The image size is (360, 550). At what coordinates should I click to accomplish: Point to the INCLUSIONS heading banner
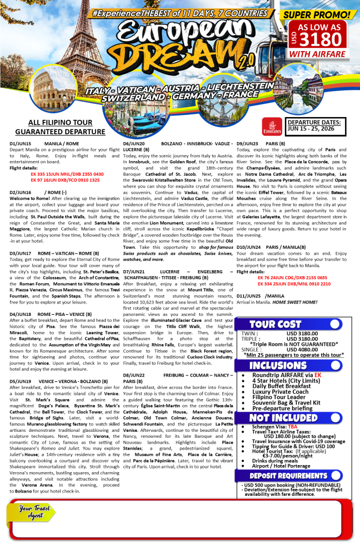click(x=274, y=365)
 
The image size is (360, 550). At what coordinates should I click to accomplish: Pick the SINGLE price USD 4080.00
click(x=304, y=349)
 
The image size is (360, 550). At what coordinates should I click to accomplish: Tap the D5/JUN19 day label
click(x=20, y=381)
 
